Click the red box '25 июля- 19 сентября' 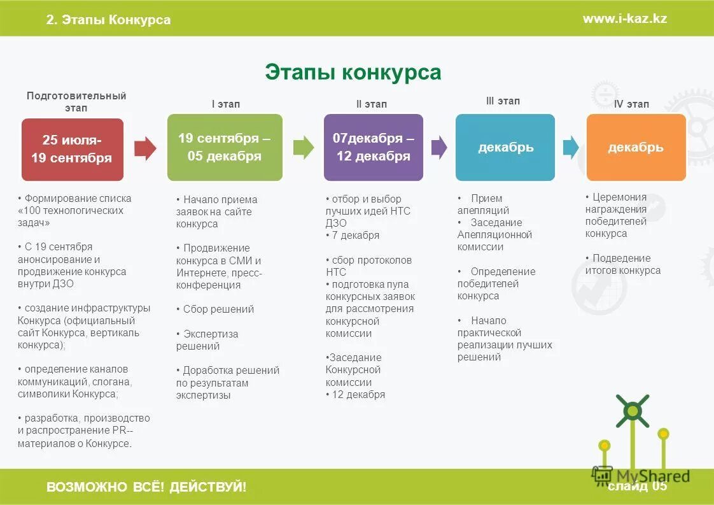pyautogui.click(x=72, y=150)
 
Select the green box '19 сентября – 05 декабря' pyautogui.click(x=224, y=147)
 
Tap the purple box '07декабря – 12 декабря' pyautogui.click(x=373, y=147)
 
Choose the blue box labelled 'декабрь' pyautogui.click(x=505, y=147)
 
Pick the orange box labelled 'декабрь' pyautogui.click(x=636, y=147)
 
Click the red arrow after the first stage pyautogui.click(x=145, y=148)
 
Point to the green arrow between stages pyautogui.click(x=303, y=148)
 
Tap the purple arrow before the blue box pyautogui.click(x=439, y=148)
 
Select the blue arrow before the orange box pyautogui.click(x=570, y=148)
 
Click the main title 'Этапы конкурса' pyautogui.click(x=353, y=72)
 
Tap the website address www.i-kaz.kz pyautogui.click(x=624, y=18)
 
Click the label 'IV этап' pyautogui.click(x=631, y=104)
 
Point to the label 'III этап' pyautogui.click(x=502, y=101)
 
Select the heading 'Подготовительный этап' pyautogui.click(x=76, y=102)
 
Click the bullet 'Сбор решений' pyautogui.click(x=218, y=309)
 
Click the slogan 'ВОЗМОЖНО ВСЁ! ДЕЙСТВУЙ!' pyautogui.click(x=146, y=488)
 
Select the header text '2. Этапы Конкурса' pyautogui.click(x=108, y=20)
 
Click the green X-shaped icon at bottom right pyautogui.click(x=632, y=411)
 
